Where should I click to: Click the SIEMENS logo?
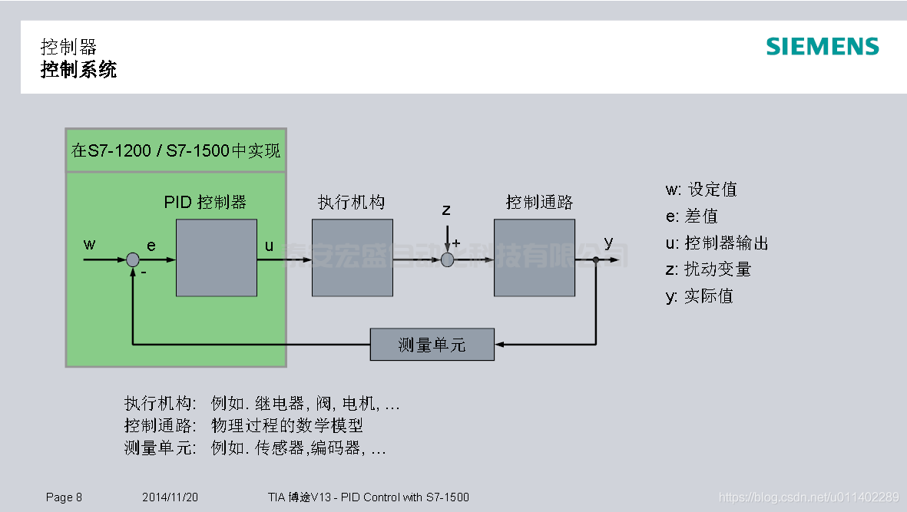[x=822, y=47]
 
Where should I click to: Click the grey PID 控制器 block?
[x=216, y=258]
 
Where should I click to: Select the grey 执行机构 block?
[x=352, y=258]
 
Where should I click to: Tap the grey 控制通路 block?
[x=534, y=258]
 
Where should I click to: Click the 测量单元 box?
[x=432, y=344]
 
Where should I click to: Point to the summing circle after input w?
[x=133, y=260]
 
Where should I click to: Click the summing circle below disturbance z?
[x=447, y=260]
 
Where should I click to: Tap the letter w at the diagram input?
[x=90, y=245]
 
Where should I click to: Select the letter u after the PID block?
[x=269, y=246]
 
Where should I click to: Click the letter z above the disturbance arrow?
[x=446, y=209]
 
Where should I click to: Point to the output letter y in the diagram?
[x=608, y=243]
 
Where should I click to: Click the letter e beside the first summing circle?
[x=151, y=246]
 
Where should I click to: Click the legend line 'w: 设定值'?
[x=700, y=190]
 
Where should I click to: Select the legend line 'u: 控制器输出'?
[x=717, y=243]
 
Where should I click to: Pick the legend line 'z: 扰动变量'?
[x=707, y=269]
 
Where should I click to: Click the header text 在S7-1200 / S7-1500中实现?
[x=176, y=150]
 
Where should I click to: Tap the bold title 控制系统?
[x=78, y=71]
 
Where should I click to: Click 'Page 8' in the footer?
[x=64, y=497]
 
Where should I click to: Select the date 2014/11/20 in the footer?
[x=170, y=497]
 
